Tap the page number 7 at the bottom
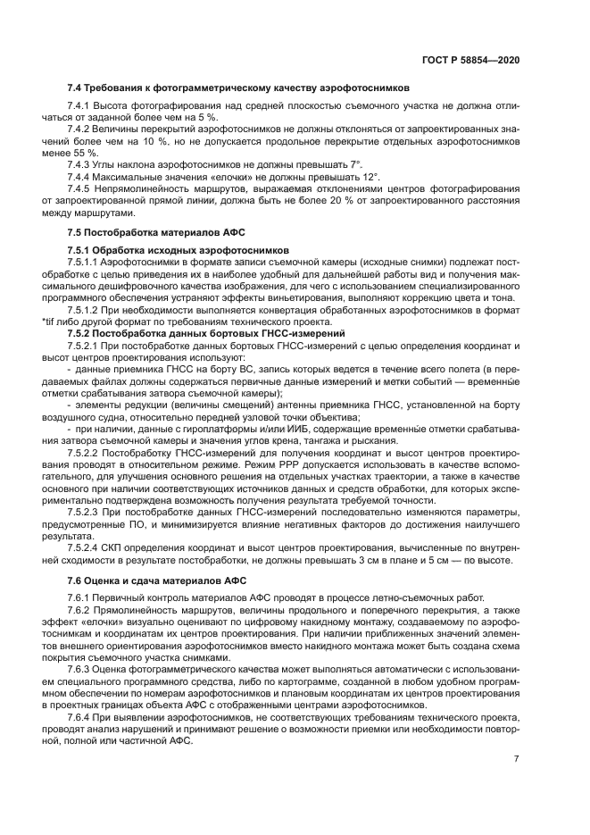pos(516,759)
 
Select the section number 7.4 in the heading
pos(75,88)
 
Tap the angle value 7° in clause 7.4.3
pos(355,164)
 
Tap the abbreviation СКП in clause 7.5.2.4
pos(108,547)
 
